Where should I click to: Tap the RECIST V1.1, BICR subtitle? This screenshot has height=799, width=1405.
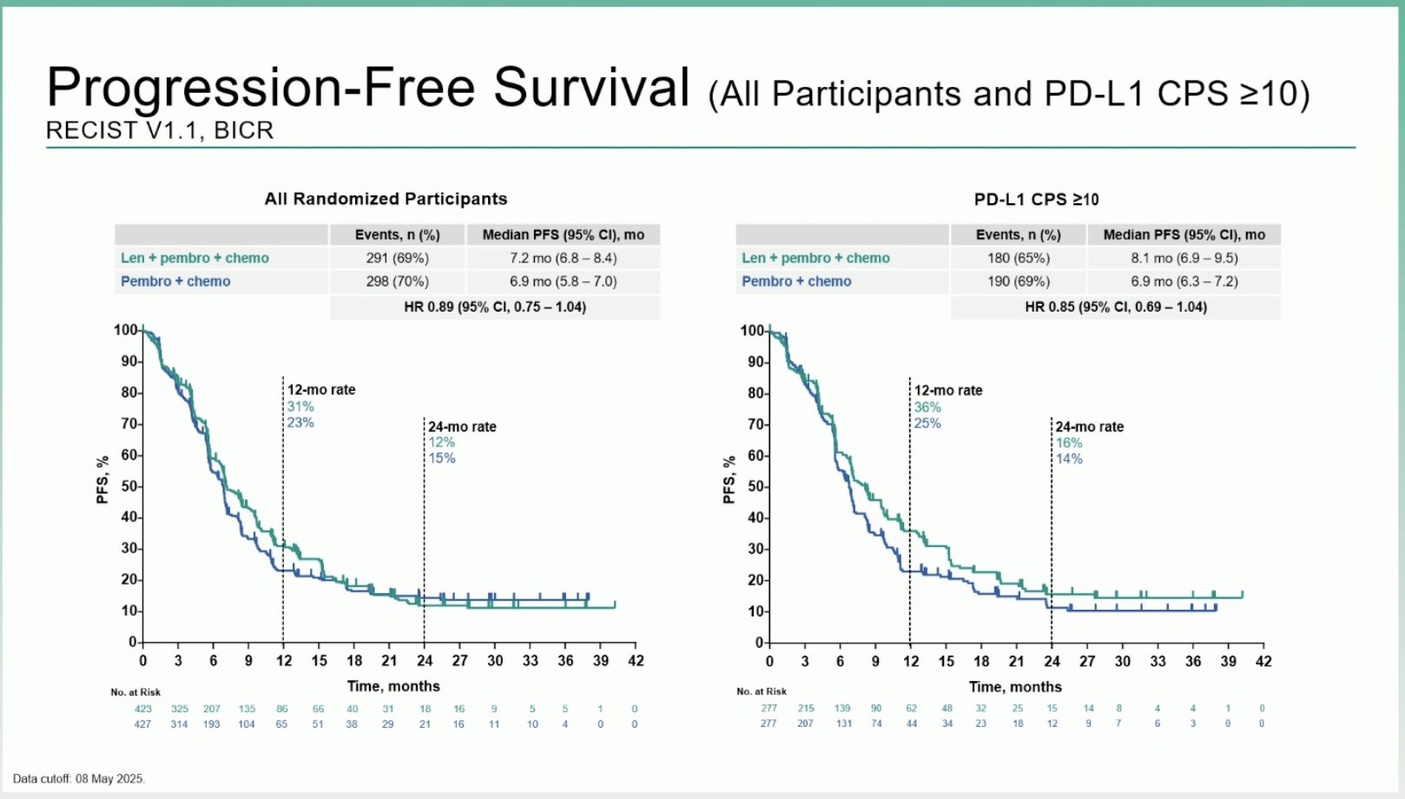(160, 130)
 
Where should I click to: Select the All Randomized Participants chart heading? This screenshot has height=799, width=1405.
(386, 199)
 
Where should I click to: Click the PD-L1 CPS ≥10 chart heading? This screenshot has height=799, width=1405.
(1036, 200)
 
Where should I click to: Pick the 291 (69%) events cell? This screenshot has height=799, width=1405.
(397, 258)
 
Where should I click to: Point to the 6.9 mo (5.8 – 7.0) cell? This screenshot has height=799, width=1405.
(563, 281)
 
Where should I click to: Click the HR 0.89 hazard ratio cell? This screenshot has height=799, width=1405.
(494, 307)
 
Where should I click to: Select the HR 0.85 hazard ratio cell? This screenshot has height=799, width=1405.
(1115, 307)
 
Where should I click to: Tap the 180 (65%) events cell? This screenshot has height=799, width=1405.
(1018, 258)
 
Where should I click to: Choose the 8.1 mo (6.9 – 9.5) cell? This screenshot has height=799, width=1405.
(1184, 258)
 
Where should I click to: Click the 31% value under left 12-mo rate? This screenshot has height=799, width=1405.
(300, 406)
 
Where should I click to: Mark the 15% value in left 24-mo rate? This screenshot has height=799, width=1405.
(441, 458)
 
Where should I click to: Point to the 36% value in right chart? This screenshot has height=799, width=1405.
(927, 407)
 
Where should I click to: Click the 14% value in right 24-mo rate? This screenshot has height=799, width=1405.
(1069, 459)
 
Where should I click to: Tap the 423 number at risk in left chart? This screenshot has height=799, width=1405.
(142, 709)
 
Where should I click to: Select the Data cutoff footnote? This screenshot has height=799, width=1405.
(78, 779)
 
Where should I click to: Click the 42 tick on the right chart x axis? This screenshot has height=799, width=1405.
(1263, 661)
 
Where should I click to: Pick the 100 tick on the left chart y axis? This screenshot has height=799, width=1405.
(125, 330)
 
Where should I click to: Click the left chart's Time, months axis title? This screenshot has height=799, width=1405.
(393, 686)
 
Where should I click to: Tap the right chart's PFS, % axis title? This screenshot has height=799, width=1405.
(729, 479)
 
